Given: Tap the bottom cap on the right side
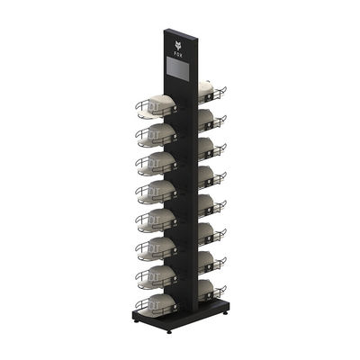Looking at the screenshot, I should tap(205, 288).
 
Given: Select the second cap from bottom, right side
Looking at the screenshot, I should tap(205, 259).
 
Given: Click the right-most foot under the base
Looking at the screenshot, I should tap(225, 314).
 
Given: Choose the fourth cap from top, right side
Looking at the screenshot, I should tap(205, 175).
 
